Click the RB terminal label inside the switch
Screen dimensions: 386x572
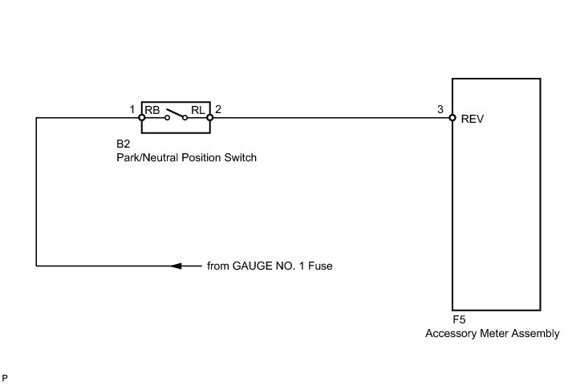point(152,110)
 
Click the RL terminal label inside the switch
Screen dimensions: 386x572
point(198,110)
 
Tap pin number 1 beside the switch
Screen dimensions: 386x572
point(132,108)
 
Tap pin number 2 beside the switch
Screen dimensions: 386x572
point(218,108)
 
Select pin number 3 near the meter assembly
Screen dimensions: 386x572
point(440,108)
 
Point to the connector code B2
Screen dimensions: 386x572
point(124,147)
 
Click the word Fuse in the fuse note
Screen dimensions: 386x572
point(319,266)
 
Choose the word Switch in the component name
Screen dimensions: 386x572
point(239,159)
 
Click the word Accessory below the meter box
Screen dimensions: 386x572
point(448,333)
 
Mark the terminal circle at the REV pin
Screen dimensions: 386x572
point(452,118)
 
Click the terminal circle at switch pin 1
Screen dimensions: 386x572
point(141,118)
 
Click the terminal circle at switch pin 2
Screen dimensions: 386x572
point(209,118)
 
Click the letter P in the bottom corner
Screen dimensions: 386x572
point(6,376)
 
